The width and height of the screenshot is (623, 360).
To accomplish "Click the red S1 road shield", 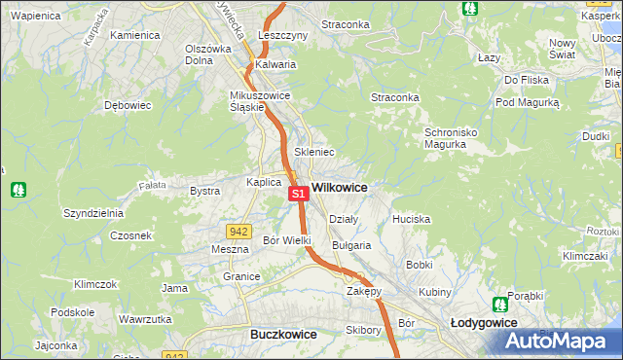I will tap(299, 195).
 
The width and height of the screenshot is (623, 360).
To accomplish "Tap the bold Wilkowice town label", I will tap(339, 186).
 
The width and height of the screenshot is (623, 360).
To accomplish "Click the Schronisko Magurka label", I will tap(446, 138).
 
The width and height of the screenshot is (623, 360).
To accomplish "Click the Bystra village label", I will tap(204, 191).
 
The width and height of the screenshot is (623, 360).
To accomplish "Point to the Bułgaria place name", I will tap(351, 245).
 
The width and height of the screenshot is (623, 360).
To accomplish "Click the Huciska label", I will tap(411, 219).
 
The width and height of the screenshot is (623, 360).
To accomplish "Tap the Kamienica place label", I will tap(134, 35).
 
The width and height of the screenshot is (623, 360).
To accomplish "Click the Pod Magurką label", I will tap(527, 102).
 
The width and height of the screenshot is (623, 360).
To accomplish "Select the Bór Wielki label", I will tap(287, 239).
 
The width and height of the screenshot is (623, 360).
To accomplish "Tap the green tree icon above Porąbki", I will tap(499, 304).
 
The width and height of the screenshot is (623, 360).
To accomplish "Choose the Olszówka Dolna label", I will tap(207, 54).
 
